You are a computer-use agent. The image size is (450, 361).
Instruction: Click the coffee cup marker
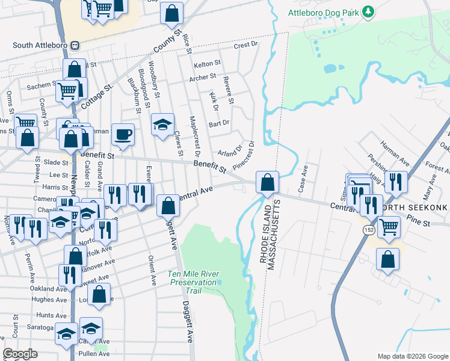click(123, 134)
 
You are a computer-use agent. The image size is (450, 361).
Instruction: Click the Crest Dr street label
click(245, 45)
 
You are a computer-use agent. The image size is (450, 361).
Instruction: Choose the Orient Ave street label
click(152, 271)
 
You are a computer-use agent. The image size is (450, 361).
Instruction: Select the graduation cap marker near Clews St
click(162, 125)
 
